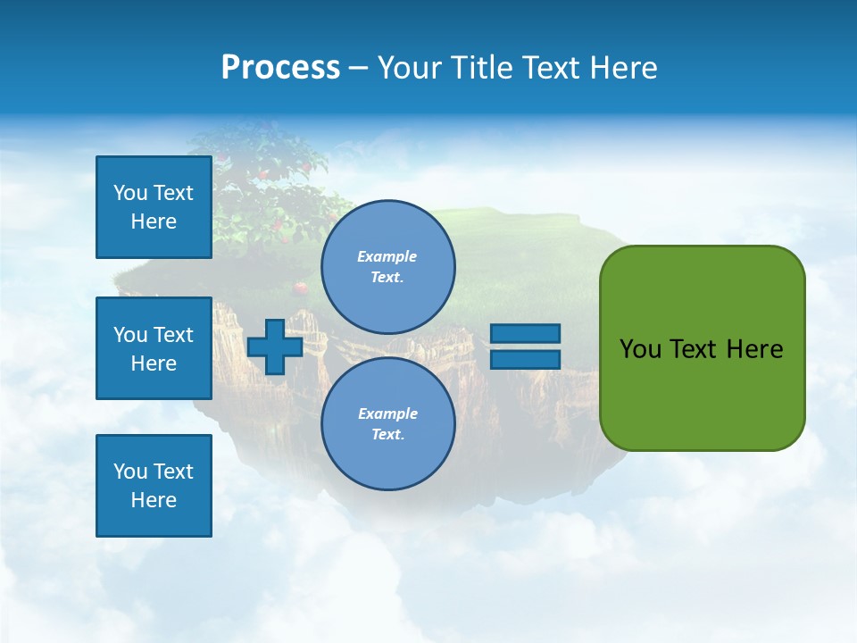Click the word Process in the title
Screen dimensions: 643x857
pyautogui.click(x=280, y=68)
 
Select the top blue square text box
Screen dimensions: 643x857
pyautogui.click(x=154, y=207)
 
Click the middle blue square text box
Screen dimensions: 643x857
pyautogui.click(x=154, y=348)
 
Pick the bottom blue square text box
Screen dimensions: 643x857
pyautogui.click(x=154, y=486)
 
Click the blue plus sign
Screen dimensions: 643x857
pyautogui.click(x=275, y=347)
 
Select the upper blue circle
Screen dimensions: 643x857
pyautogui.click(x=388, y=266)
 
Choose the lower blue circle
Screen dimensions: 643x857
pyautogui.click(x=388, y=423)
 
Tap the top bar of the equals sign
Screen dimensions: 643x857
pyautogui.click(x=525, y=333)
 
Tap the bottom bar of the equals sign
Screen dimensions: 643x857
pyautogui.click(x=525, y=359)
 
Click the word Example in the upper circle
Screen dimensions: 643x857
pyautogui.click(x=387, y=256)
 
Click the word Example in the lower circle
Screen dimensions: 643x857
pyautogui.click(x=387, y=413)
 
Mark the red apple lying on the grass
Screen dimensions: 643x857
pyautogui.click(x=302, y=288)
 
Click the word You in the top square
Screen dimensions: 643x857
pyautogui.click(x=130, y=193)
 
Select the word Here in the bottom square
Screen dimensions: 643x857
pyautogui.click(x=154, y=500)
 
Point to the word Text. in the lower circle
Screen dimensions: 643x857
pyautogui.click(x=387, y=435)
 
